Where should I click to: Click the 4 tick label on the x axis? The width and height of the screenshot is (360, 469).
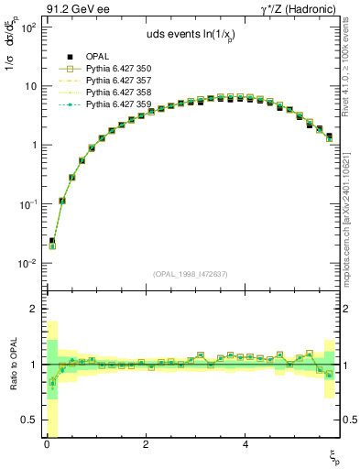click(x=245, y=444)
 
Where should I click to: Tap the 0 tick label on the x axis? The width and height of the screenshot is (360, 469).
click(x=47, y=444)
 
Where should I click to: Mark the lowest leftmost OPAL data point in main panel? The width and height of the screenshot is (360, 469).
click(x=52, y=241)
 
